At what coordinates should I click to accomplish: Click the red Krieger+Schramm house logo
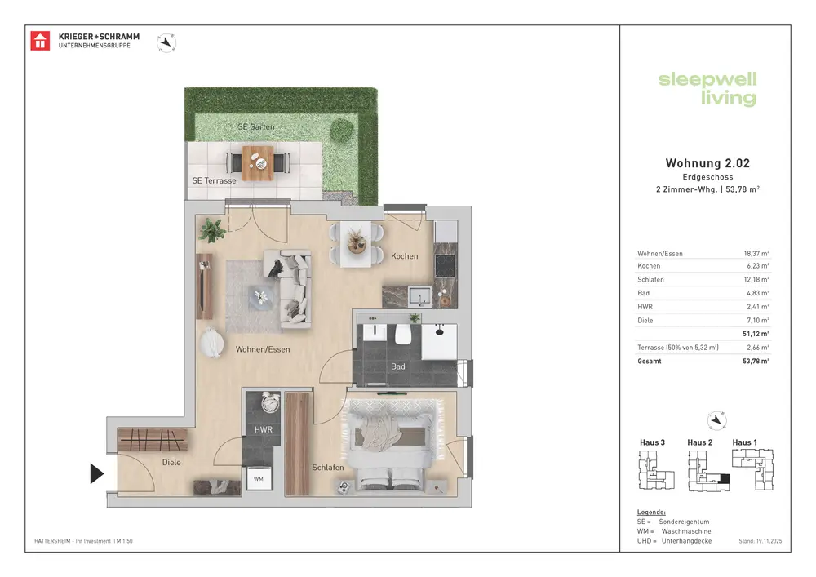[x=40, y=41]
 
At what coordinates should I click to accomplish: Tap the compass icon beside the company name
[x=166, y=42]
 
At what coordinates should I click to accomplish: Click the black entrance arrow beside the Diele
[x=97, y=473]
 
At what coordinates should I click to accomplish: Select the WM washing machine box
[x=259, y=479]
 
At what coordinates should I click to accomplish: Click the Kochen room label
[x=405, y=256]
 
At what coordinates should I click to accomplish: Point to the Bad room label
[x=398, y=366]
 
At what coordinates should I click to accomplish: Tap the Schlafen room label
[x=328, y=467]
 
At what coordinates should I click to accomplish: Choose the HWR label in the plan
[x=264, y=430]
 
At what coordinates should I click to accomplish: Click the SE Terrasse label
[x=214, y=180]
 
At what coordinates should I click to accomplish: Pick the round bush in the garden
[x=341, y=130]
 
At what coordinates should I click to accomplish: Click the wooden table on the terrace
[x=258, y=163]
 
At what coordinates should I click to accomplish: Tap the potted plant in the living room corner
[x=212, y=230]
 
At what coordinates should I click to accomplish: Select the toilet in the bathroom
[x=403, y=334]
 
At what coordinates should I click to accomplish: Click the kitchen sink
[x=420, y=296]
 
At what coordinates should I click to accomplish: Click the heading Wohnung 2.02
[x=707, y=163]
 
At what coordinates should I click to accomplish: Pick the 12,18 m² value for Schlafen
[x=756, y=279]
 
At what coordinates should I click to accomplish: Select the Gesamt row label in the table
[x=650, y=361]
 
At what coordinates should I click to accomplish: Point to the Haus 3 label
[x=652, y=442]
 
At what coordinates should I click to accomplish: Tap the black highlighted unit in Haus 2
[x=723, y=479]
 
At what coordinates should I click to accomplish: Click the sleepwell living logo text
[x=707, y=88]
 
